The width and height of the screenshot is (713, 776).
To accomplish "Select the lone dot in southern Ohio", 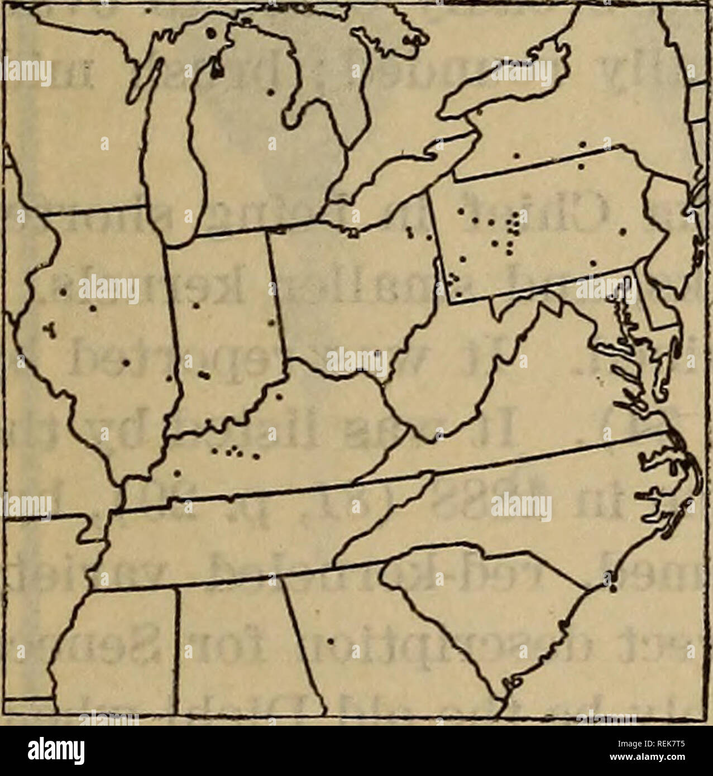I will (x=378, y=353).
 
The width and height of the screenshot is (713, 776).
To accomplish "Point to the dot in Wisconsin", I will (x=104, y=146).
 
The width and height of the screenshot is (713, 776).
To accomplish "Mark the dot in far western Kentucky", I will (x=177, y=474).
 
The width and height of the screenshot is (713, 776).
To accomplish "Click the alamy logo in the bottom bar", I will (x=59, y=751).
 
